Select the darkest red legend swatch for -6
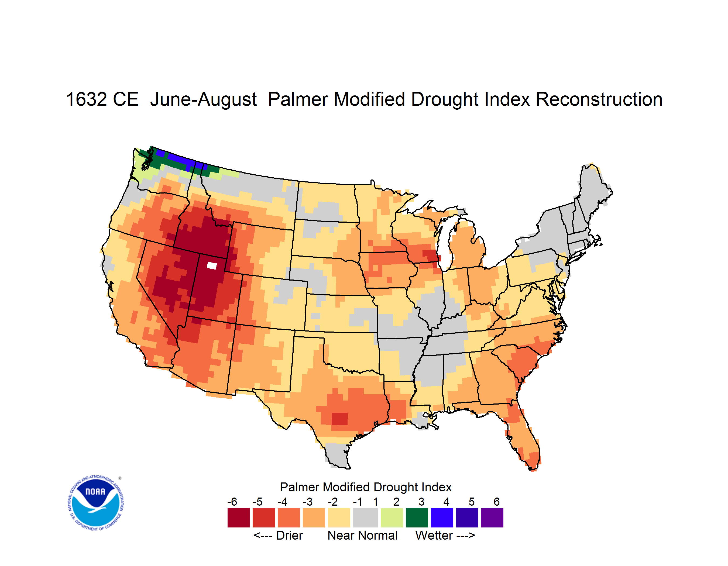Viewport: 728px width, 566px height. [x=239, y=518]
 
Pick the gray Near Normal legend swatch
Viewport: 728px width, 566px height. [x=365, y=518]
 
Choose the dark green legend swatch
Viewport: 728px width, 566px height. [x=417, y=518]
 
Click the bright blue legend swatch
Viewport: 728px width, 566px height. [x=442, y=518]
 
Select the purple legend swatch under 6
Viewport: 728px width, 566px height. [x=492, y=518]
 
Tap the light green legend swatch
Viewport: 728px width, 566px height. [x=392, y=518]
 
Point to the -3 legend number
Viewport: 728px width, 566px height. [x=307, y=502]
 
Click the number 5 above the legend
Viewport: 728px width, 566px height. [x=472, y=502]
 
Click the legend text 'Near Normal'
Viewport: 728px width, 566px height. [x=362, y=535]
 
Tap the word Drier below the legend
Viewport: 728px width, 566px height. [x=289, y=535]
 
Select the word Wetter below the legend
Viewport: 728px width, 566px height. [x=434, y=535]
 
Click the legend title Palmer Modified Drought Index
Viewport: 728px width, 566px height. [x=366, y=487]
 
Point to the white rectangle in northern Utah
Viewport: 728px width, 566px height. [x=212, y=265]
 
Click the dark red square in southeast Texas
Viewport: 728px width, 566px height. [x=340, y=418]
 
